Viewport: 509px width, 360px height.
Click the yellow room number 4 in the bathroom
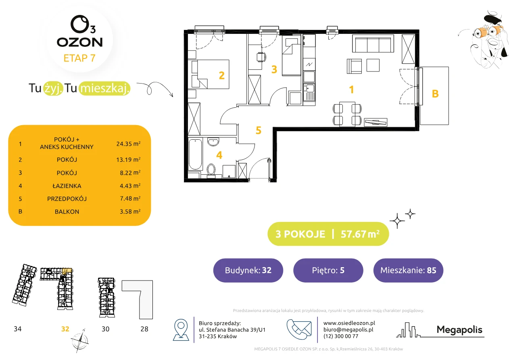[x=219, y=155]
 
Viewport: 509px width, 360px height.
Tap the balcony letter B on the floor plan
[x=435, y=94]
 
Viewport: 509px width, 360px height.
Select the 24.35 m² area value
[x=128, y=144]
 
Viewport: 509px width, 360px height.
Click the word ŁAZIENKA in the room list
[x=67, y=186]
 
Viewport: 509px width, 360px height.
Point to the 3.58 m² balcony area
[x=130, y=211]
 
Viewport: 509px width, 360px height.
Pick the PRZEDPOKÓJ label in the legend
[x=67, y=199]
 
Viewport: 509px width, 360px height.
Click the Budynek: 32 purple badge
[x=248, y=270]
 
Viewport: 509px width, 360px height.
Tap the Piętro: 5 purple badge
[x=328, y=270]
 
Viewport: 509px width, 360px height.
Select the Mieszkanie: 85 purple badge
[x=408, y=270]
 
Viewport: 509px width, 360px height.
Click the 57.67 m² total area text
[x=360, y=234]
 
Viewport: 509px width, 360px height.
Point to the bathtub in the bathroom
[x=196, y=154]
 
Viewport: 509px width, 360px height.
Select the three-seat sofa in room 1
[x=373, y=44]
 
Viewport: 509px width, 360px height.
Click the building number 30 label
[x=105, y=329]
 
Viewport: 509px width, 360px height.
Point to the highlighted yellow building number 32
[x=65, y=329]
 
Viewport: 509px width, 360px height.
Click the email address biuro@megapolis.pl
[x=348, y=329]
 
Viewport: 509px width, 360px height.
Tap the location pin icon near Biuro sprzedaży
[x=181, y=329]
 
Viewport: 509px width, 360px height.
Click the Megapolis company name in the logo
[x=459, y=329]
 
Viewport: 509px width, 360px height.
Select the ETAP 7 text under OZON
[x=79, y=58]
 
